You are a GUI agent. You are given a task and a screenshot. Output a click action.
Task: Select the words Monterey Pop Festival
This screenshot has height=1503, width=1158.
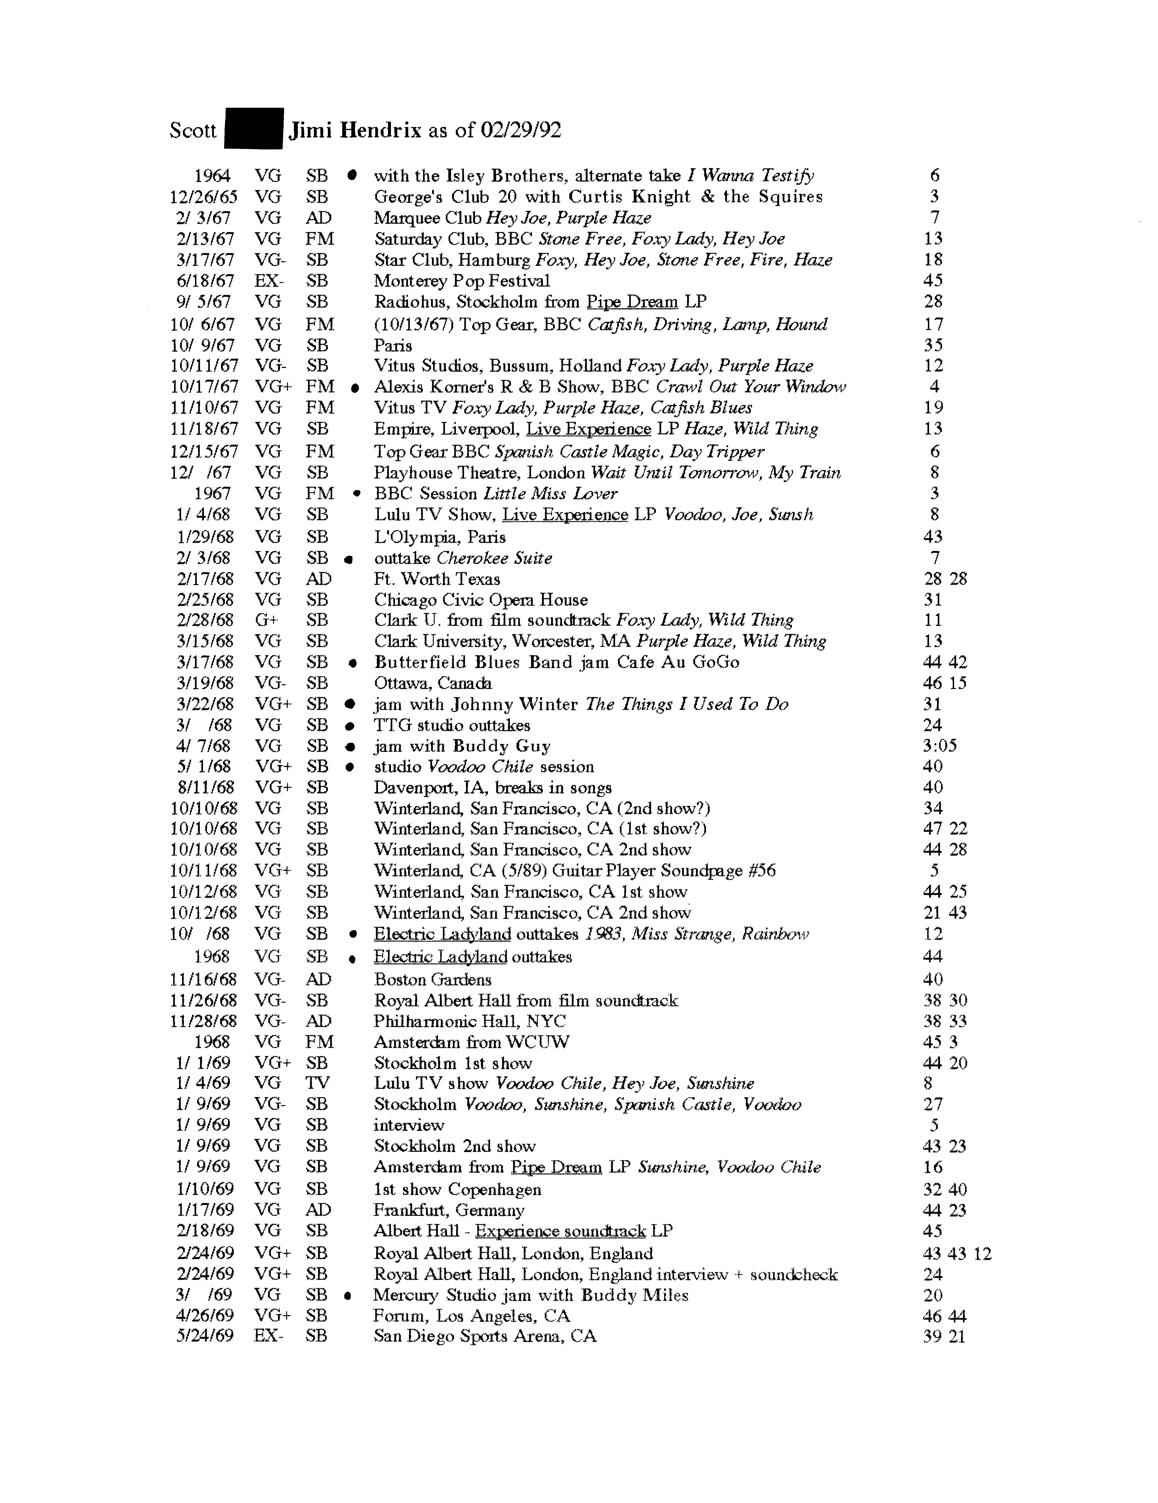pyautogui.click(x=461, y=281)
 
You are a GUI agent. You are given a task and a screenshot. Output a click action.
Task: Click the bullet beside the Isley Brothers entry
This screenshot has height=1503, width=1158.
pyautogui.click(x=352, y=175)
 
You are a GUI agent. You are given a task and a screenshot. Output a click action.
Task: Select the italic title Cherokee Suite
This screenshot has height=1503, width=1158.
pyautogui.click(x=494, y=558)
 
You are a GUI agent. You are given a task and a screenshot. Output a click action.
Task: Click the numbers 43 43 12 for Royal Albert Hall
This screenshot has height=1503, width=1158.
pyautogui.click(x=957, y=1253)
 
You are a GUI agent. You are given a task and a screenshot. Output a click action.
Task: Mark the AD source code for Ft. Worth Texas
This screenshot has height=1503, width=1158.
pyautogui.click(x=318, y=579)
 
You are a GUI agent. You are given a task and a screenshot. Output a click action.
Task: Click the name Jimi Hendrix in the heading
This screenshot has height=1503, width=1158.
pyautogui.click(x=354, y=130)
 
